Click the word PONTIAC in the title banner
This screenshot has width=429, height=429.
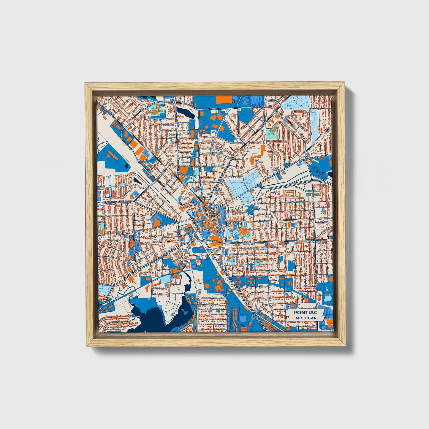(305, 312)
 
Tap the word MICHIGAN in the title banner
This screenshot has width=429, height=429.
(306, 318)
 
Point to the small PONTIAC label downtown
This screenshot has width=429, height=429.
(214, 214)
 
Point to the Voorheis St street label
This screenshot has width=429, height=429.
(104, 284)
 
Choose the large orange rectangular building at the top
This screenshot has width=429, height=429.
(223, 100)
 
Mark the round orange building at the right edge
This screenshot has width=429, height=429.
(331, 279)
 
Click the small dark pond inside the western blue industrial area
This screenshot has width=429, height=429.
(127, 166)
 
